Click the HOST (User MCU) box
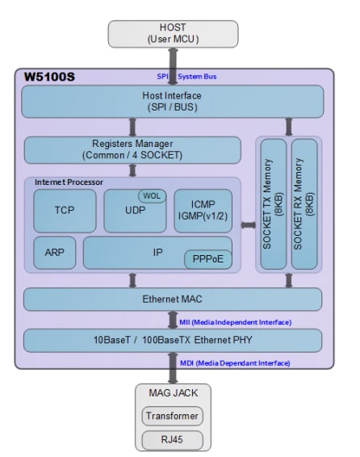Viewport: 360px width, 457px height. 173,32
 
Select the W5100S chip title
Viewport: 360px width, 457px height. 48,78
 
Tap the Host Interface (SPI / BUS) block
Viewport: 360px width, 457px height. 173,102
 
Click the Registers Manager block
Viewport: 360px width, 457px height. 132,150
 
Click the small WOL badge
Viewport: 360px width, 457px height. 153,195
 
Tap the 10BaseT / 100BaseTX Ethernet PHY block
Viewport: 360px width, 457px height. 173,340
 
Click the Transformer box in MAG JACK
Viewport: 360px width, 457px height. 173,416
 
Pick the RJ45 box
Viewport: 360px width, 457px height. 173,439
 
